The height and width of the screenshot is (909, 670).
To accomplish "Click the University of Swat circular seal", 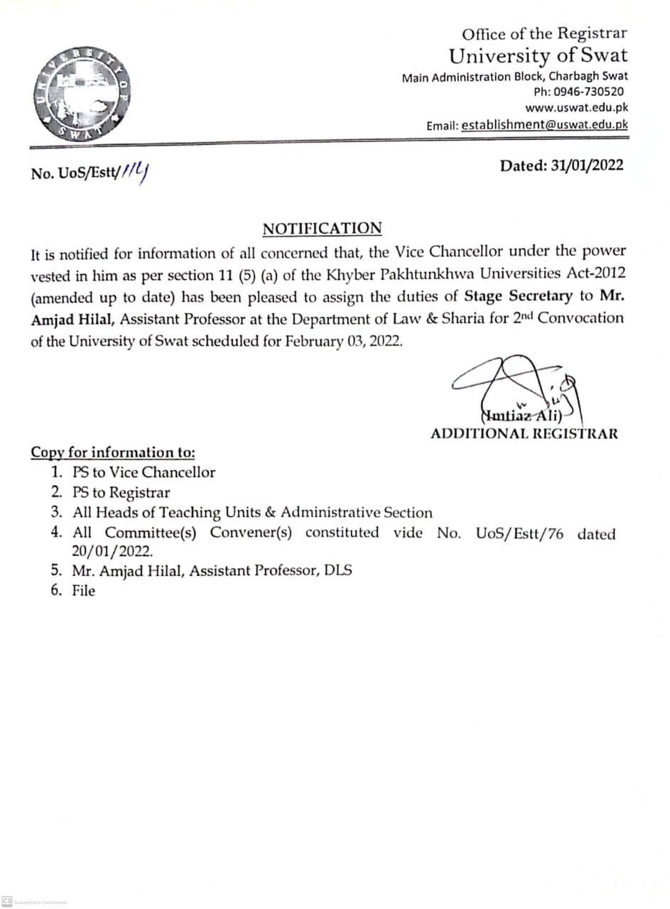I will coord(80,93).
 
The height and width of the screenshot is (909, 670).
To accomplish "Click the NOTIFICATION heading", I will coord(322,229).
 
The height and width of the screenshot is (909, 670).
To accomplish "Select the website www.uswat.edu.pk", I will coord(576,108).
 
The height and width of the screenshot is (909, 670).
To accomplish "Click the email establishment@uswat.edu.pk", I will coord(544,125).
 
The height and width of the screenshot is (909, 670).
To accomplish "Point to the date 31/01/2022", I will coord(587,165).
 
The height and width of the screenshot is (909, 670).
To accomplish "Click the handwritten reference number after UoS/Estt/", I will coord(139,170).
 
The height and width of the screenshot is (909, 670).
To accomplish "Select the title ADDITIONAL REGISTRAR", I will coord(524,433).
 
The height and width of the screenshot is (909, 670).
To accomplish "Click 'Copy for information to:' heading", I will coord(113,452).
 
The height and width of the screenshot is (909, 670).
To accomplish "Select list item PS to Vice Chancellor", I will coord(144,472).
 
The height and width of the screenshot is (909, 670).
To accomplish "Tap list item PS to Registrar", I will coord(121,492).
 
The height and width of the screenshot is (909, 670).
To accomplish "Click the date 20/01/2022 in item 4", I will coord(112,550).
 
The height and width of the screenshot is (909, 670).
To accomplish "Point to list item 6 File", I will coord(83,590).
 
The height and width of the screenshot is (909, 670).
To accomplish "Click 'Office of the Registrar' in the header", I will coord(544,33).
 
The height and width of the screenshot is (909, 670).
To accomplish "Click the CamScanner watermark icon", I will coord(7,900).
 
